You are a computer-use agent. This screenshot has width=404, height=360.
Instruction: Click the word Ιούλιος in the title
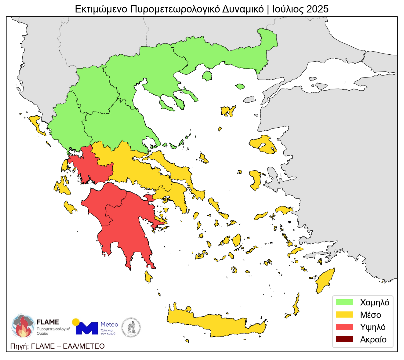288,9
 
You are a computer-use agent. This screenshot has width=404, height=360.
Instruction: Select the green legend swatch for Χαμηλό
344,302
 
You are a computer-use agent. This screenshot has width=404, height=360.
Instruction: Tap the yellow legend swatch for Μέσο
344,315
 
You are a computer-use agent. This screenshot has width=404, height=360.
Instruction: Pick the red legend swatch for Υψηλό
344,327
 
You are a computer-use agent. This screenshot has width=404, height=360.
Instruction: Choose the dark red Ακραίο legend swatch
344,339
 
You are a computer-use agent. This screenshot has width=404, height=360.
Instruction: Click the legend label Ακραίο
373,339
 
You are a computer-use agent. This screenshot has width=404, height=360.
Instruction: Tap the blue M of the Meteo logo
87,328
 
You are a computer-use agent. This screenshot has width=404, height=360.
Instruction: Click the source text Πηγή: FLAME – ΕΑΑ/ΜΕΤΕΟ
57,346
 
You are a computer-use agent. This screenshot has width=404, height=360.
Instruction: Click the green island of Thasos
207,76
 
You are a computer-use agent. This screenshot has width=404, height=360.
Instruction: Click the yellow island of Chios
255,180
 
